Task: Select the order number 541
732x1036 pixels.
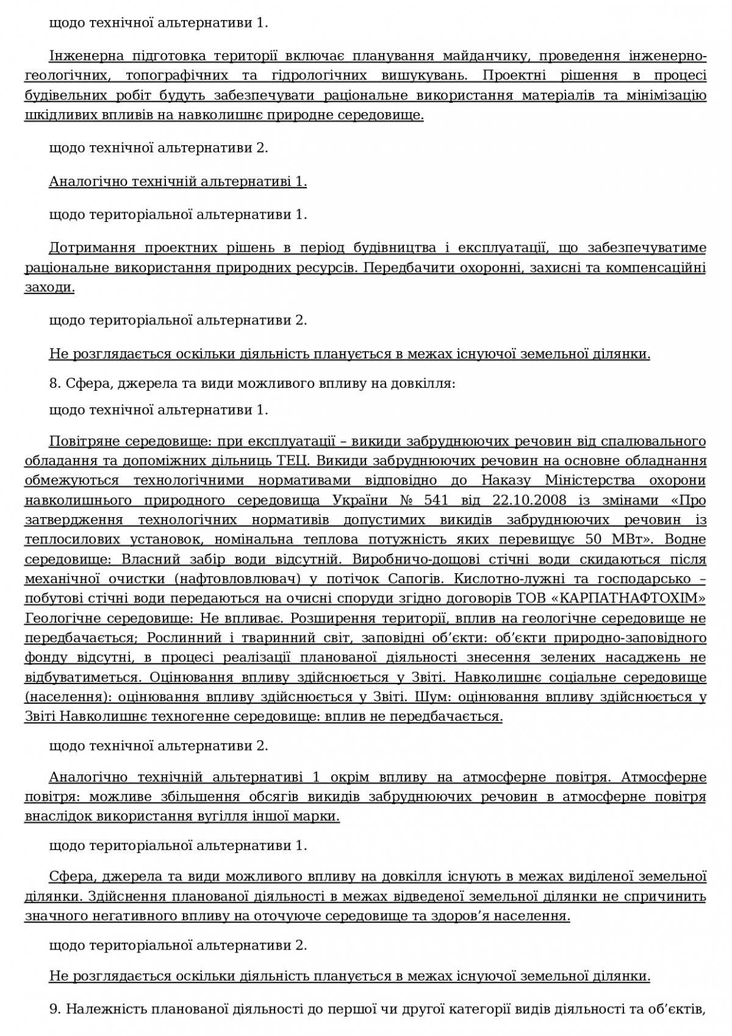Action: click(435, 500)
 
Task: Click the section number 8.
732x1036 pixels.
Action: click(52, 384)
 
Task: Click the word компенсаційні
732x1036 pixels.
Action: click(661, 268)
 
